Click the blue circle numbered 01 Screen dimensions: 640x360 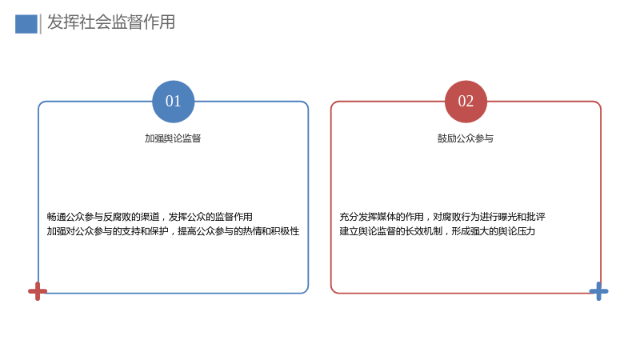click(173, 102)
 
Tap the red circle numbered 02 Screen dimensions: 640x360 click(466, 102)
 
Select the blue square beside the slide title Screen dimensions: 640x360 click(26, 24)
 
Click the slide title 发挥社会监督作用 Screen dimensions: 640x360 click(111, 22)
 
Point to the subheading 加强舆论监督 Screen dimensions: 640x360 click(173, 138)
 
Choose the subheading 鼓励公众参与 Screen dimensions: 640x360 click(466, 138)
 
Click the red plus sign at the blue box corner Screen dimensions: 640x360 click(38, 291)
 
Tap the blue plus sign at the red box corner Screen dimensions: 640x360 click(598, 291)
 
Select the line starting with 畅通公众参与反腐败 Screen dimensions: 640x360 click(150, 217)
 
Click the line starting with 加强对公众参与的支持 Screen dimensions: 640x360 click(173, 231)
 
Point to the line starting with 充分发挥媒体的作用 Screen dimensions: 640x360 click(442, 217)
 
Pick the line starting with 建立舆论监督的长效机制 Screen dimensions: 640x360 click(437, 231)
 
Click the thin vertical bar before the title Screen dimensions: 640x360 click(41, 24)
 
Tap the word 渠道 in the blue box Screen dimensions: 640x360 click(150, 217)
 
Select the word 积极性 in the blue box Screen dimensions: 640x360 click(286, 231)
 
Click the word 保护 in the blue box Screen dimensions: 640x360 click(158, 231)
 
